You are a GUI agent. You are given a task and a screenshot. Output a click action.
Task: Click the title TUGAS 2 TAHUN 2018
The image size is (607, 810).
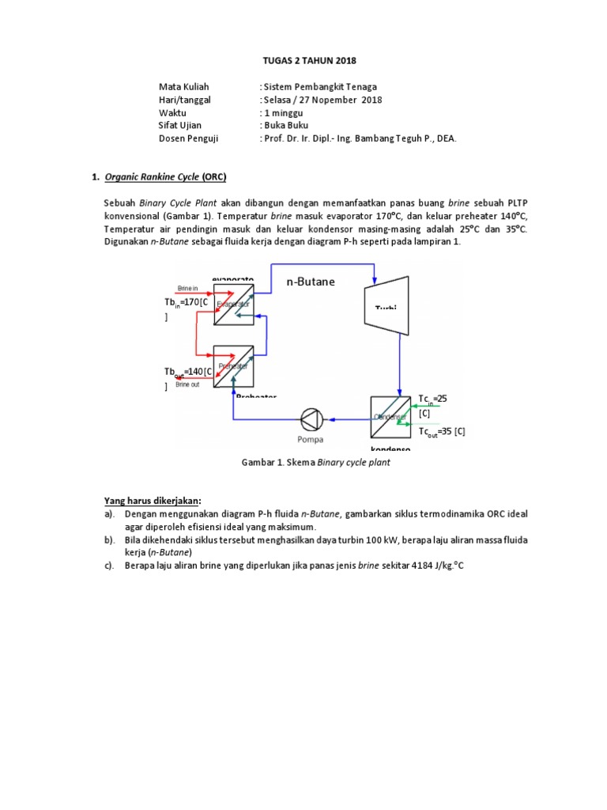tap(303, 60)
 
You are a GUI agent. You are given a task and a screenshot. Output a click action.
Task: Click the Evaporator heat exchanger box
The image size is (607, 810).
tap(234, 305)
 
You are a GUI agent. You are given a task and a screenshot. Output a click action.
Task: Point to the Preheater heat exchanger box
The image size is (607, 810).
tap(234, 365)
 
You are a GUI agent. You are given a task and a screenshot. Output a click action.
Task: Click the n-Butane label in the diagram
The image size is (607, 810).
tap(311, 282)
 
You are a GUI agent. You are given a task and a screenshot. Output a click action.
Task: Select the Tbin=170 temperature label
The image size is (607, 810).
tap(186, 303)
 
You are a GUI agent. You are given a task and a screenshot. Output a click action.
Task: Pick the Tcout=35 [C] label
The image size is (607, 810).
tap(442, 431)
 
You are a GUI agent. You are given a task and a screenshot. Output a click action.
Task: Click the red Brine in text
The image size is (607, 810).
tap(189, 289)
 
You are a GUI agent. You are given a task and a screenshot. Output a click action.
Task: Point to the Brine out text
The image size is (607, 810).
tap(188, 384)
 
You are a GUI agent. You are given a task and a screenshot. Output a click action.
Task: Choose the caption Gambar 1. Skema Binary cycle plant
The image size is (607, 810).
tap(315, 463)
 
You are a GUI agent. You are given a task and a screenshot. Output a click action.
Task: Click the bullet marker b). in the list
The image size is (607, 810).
tap(109, 539)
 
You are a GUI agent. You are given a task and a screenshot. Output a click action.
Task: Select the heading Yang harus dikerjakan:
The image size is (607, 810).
tap(153, 500)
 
